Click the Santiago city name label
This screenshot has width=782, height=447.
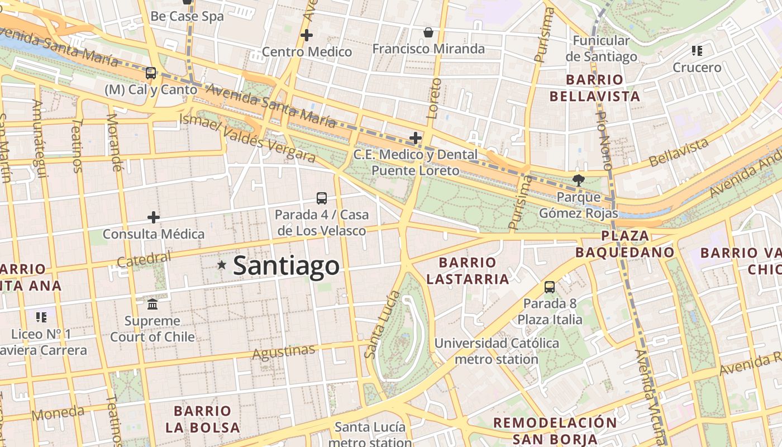(286, 266)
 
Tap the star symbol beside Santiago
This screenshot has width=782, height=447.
(222, 265)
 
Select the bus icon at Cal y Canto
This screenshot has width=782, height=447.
(150, 73)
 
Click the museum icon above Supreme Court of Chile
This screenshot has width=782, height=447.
(152, 305)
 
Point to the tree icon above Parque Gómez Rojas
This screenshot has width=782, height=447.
(578, 180)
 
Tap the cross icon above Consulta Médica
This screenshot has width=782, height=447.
(154, 217)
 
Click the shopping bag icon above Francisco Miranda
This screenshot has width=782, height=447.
(428, 32)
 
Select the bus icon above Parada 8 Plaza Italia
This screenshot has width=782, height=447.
(550, 287)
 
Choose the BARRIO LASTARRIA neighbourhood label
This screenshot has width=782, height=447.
(468, 270)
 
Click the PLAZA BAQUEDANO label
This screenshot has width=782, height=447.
(624, 244)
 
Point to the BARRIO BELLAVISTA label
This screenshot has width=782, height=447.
(594, 88)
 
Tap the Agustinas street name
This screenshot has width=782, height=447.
(283, 352)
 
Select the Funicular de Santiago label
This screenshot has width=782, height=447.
(601, 49)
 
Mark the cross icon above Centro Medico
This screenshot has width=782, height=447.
(306, 35)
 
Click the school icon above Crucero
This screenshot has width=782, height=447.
(697, 51)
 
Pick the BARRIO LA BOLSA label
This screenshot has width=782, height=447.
(202, 419)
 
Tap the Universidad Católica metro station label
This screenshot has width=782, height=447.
(497, 351)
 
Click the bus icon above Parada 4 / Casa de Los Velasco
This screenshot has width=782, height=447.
(322, 198)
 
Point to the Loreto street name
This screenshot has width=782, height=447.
(433, 98)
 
